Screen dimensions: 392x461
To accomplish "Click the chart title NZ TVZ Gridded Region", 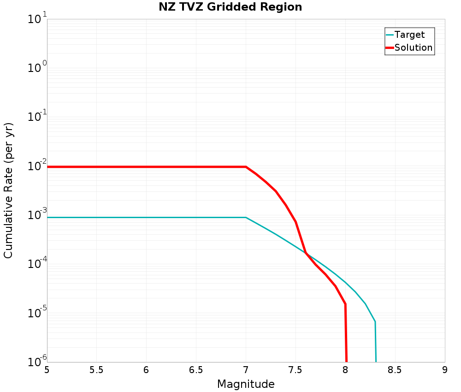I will click(230, 7).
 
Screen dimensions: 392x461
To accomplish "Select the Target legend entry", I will click(409, 35).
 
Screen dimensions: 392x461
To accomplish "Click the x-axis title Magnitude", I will click(246, 384).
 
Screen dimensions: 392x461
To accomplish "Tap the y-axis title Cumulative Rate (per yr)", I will click(9, 190).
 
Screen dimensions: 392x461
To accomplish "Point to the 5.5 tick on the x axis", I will click(96, 370).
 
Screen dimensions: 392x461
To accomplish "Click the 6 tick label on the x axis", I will click(146, 370).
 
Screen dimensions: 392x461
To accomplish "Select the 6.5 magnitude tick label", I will click(196, 370).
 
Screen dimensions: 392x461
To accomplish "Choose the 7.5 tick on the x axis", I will click(296, 370).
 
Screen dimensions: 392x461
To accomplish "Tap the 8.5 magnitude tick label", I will click(395, 370).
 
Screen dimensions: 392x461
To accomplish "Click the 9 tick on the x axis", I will click(445, 370).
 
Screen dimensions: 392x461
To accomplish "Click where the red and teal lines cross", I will click(306, 253).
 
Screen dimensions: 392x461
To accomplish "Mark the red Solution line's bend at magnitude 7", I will click(246, 167).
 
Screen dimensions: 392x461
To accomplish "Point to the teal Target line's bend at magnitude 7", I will click(246, 217).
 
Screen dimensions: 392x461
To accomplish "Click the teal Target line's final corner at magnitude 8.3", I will click(375, 321).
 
